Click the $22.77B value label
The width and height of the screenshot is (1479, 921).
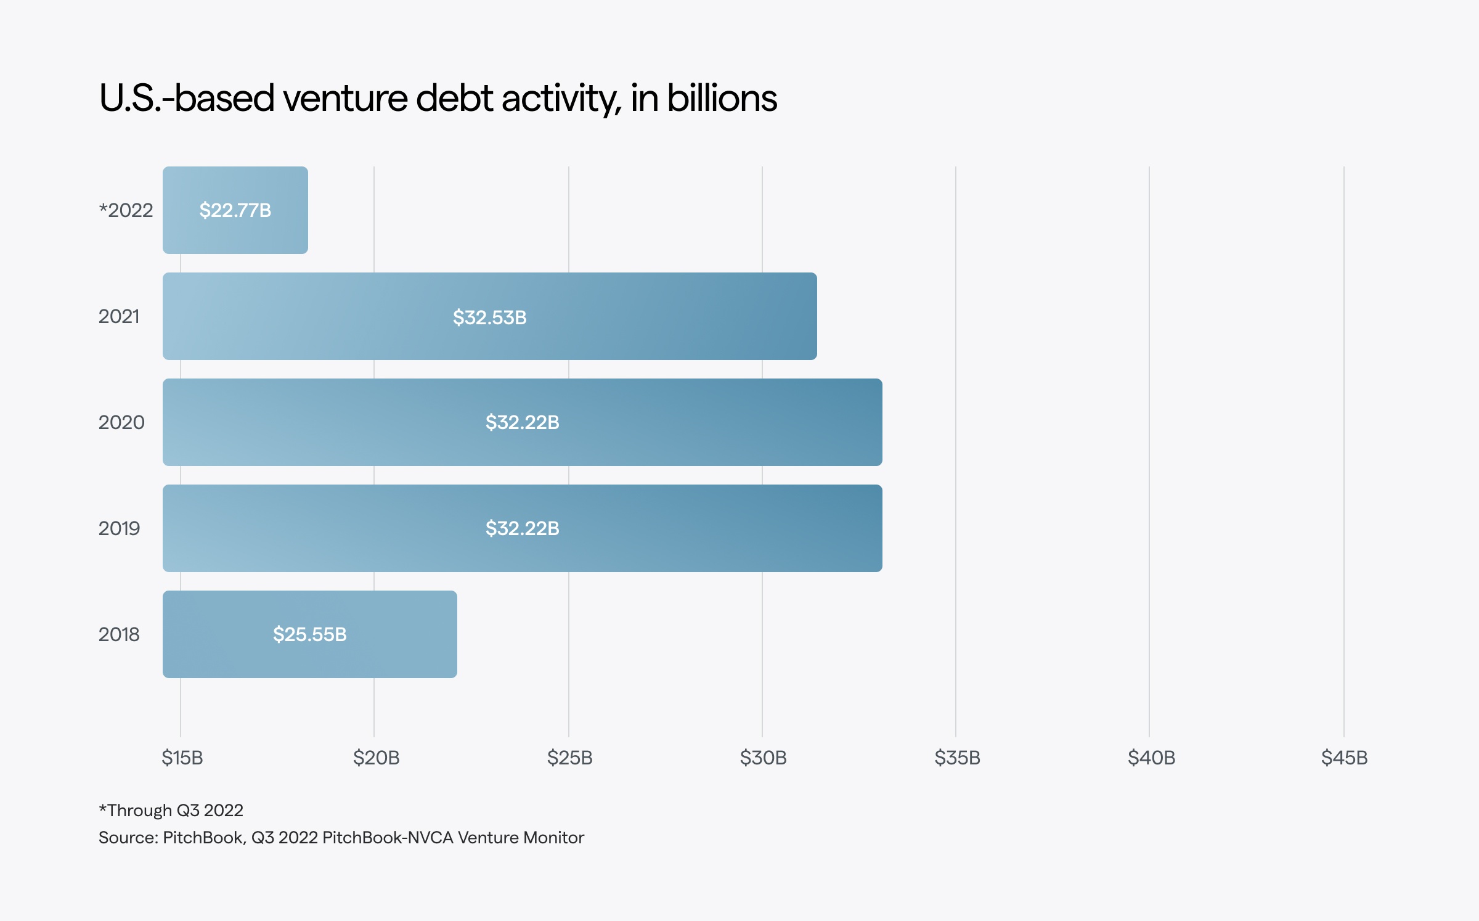tap(235, 210)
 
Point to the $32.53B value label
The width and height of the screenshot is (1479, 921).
tap(489, 317)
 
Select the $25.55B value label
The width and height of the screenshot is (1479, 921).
tap(309, 634)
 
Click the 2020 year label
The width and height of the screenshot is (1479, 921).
tap(121, 422)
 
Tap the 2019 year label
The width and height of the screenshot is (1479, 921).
tap(119, 528)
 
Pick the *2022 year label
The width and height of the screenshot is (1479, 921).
tap(126, 210)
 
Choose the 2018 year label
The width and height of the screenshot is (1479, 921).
tap(119, 634)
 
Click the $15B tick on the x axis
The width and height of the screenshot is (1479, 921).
tap(182, 757)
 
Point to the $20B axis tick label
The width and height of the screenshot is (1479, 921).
tap(376, 757)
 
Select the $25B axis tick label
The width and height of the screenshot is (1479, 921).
tap(569, 757)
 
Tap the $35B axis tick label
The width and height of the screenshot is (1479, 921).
tap(957, 757)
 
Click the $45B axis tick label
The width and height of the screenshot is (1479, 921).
tap(1344, 757)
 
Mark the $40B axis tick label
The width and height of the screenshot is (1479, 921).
tap(1151, 757)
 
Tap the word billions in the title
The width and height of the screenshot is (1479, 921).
tap(722, 99)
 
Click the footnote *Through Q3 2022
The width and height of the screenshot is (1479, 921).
tap(171, 810)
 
